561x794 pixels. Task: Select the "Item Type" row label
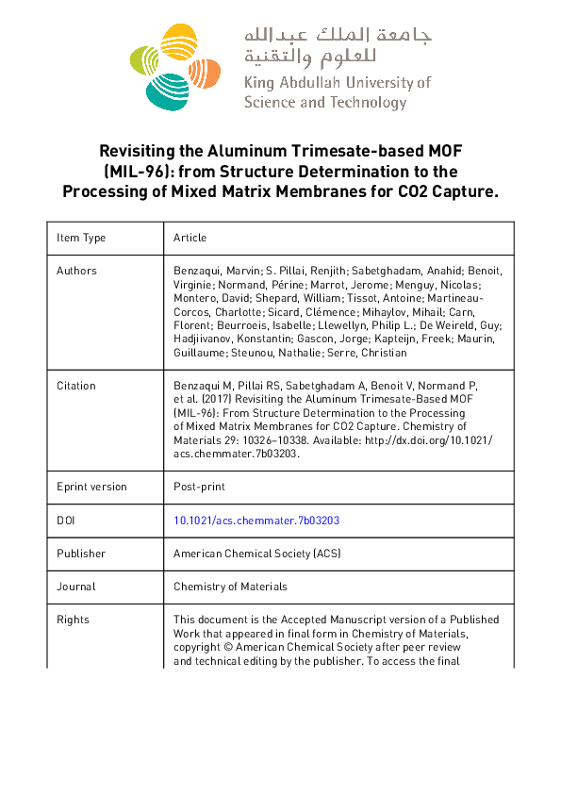click(81, 238)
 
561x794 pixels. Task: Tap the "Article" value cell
click(190, 238)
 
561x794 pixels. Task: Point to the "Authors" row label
click(76, 271)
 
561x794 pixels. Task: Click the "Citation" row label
click(76, 386)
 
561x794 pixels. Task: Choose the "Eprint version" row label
click(91, 487)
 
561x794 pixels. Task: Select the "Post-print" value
click(199, 487)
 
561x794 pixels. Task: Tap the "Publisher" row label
click(81, 554)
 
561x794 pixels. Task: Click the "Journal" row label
click(75, 587)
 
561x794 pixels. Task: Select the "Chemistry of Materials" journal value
click(230, 587)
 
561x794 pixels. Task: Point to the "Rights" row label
click(73, 620)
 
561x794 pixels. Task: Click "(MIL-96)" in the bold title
click(129, 172)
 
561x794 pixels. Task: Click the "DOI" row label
click(66, 521)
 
